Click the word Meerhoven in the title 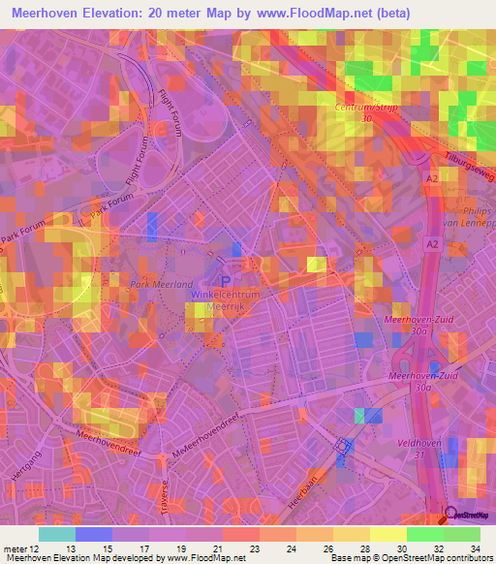46,14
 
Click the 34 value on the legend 474,548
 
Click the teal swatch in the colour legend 56,534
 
